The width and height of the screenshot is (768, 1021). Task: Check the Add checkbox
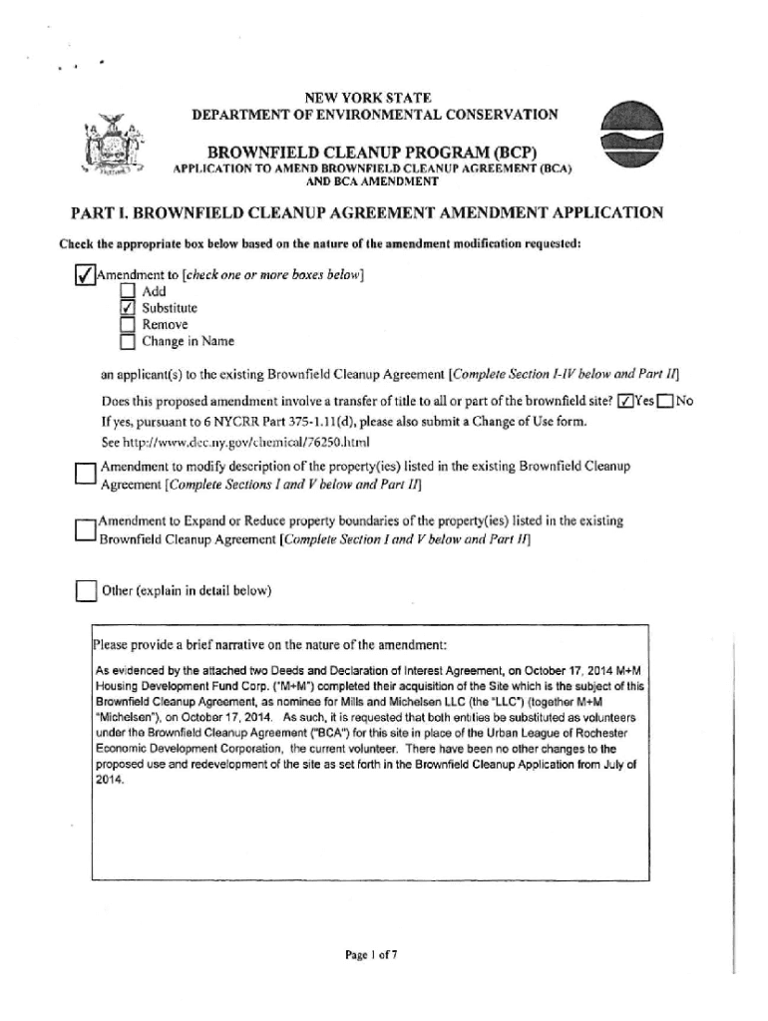pyautogui.click(x=127, y=291)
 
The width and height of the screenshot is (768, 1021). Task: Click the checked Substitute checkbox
pyautogui.click(x=127, y=308)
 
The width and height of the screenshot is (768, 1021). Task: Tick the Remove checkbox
pyautogui.click(x=127, y=324)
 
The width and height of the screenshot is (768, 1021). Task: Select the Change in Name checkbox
pyautogui.click(x=127, y=342)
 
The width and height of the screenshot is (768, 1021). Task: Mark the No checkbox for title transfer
pyautogui.click(x=665, y=402)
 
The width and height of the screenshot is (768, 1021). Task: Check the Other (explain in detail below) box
pyautogui.click(x=85, y=591)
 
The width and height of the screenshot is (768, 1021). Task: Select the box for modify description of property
pyautogui.click(x=85, y=476)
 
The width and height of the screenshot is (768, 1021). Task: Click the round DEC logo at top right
pyautogui.click(x=634, y=139)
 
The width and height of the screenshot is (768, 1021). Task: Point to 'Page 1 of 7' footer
pyautogui.click(x=372, y=954)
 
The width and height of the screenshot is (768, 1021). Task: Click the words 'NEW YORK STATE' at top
pyautogui.click(x=368, y=98)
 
